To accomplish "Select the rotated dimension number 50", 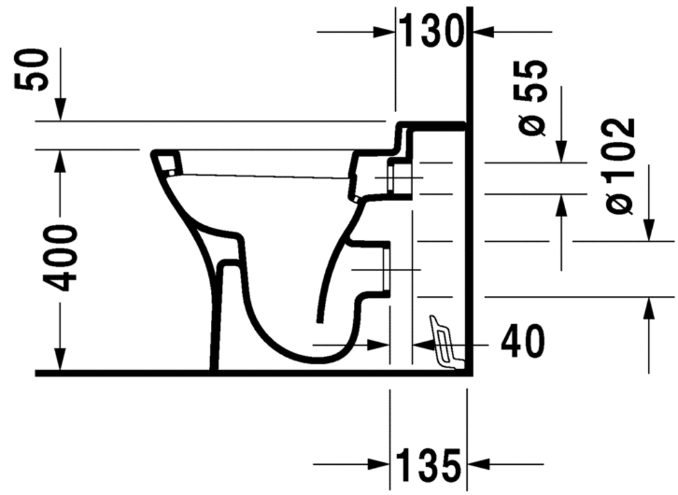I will coord(32,70).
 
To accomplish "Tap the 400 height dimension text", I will coord(62,258).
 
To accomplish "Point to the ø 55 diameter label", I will coord(531,99).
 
